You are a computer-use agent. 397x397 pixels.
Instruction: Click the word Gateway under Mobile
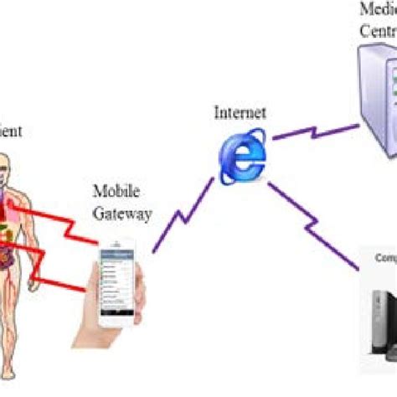click(x=122, y=214)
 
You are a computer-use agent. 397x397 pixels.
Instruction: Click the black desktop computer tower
click(x=381, y=327)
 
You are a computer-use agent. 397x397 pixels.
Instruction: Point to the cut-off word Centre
click(x=378, y=31)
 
